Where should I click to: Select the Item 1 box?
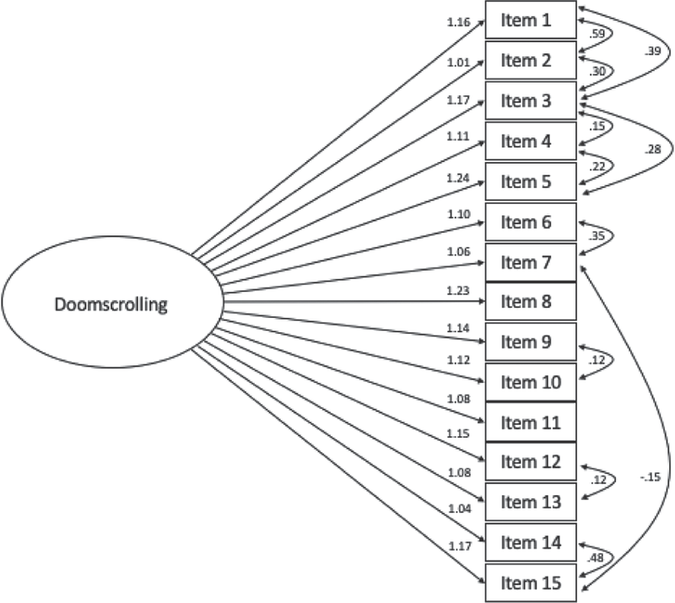(x=531, y=19)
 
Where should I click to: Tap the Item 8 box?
(x=531, y=302)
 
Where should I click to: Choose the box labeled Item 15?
(x=531, y=583)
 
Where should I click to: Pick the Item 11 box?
(x=531, y=422)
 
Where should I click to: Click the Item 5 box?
(x=531, y=181)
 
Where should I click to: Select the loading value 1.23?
(x=459, y=291)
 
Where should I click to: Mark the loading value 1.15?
(x=459, y=433)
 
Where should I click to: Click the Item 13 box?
(x=531, y=502)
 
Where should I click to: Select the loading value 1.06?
(x=459, y=250)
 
